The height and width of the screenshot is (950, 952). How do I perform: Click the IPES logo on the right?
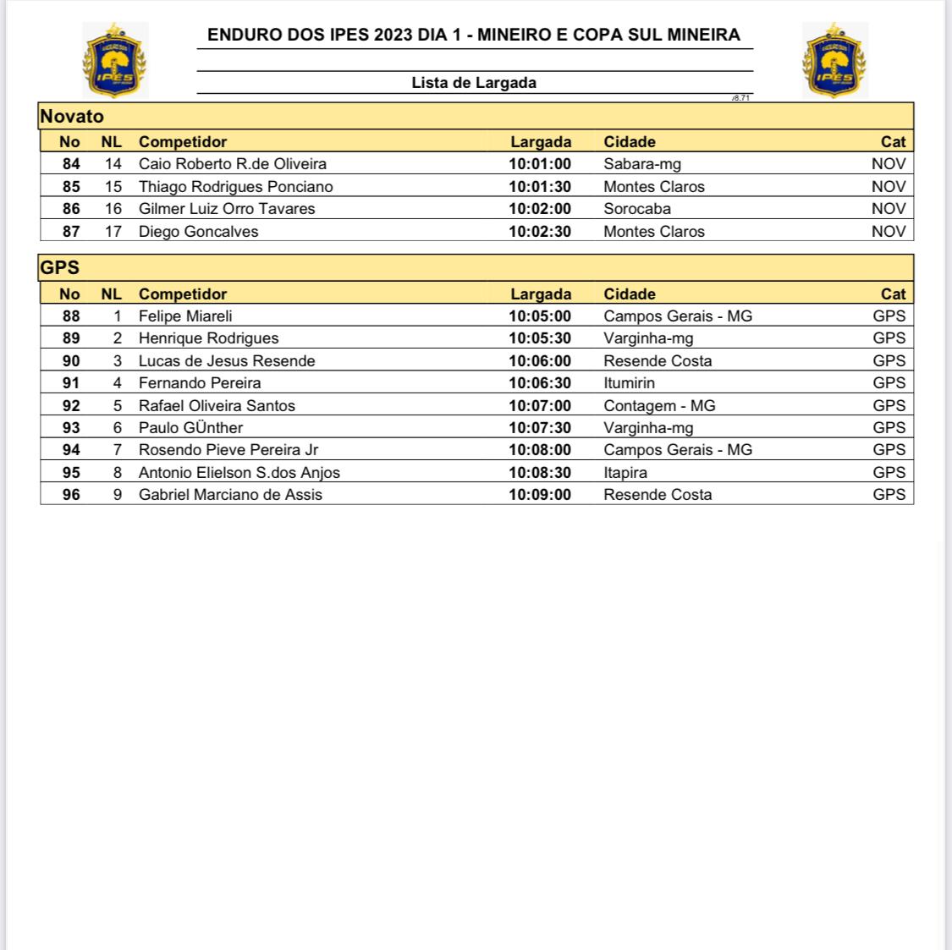834,60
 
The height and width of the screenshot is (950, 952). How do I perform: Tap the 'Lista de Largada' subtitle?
474,83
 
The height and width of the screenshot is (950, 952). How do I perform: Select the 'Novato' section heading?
72,117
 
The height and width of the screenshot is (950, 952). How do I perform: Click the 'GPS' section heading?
60,268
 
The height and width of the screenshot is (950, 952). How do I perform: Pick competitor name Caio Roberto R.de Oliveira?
233,164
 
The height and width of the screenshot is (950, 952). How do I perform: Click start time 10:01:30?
540,187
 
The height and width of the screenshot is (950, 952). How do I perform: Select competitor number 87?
71,232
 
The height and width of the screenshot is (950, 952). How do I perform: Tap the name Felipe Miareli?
185,316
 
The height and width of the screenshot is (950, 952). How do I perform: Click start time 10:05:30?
540,338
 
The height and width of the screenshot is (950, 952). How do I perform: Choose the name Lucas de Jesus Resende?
227,361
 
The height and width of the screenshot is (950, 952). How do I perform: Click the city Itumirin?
629,383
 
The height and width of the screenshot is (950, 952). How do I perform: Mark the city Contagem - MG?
659,406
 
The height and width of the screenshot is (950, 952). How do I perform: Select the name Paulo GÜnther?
190,428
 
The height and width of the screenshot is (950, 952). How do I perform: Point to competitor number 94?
71,450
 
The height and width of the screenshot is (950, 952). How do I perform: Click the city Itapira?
625,473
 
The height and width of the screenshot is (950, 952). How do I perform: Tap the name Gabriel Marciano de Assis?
230,495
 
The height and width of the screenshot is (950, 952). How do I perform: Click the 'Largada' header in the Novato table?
541,142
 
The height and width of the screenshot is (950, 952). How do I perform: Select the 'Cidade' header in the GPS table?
630,294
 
